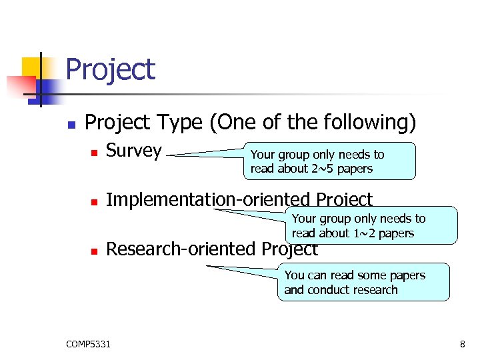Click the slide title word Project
[x=111, y=70]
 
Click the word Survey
[x=134, y=151]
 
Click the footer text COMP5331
[x=89, y=344]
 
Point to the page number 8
[x=462, y=344]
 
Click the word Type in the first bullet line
[x=180, y=123]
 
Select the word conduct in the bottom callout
[x=331, y=290]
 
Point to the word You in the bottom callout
[x=294, y=275]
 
